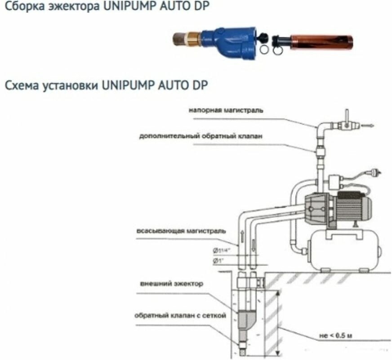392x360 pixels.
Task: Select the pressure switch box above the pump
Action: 335,182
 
